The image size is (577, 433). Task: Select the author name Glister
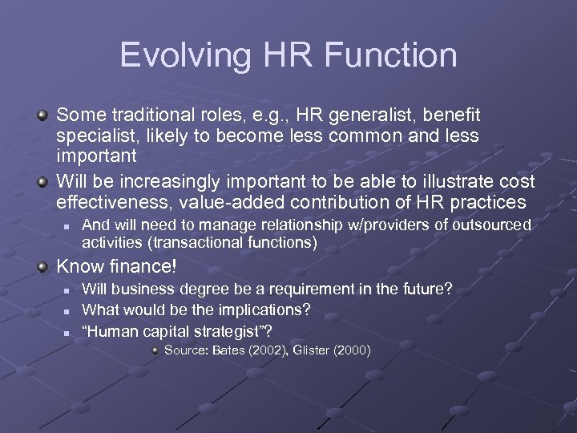coord(313,350)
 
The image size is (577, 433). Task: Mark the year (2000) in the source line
coord(353,350)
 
